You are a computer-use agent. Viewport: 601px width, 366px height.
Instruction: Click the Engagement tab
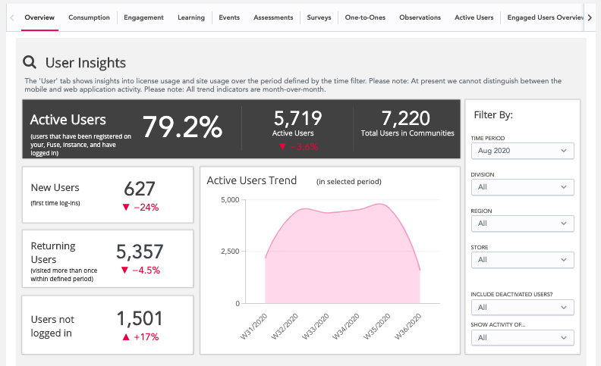coord(144,17)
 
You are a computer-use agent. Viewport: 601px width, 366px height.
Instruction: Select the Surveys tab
coord(319,17)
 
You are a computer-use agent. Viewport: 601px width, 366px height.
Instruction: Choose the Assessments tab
coord(272,17)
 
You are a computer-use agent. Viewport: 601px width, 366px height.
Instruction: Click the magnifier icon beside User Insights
coord(30,63)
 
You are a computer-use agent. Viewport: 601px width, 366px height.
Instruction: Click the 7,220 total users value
coord(406,118)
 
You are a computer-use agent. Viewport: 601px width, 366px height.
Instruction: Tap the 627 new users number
coord(139,189)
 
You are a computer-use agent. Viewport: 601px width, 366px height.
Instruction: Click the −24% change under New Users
coord(140,207)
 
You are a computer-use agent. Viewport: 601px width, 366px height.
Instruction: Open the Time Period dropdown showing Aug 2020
coord(522,152)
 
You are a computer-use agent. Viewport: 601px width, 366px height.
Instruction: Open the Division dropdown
coord(522,187)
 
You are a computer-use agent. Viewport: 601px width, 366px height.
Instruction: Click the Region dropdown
coord(522,224)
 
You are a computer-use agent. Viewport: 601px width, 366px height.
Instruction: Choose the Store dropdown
coord(522,260)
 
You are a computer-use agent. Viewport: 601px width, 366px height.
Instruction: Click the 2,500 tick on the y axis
coord(228,252)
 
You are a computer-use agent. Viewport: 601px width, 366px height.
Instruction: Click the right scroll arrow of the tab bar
coord(590,17)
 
